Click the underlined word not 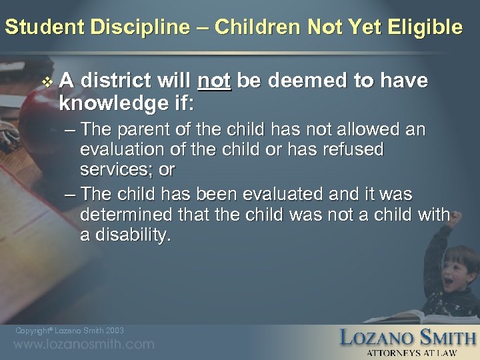click(x=214, y=81)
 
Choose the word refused click(x=351, y=149)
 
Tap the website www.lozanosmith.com click(x=83, y=345)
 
